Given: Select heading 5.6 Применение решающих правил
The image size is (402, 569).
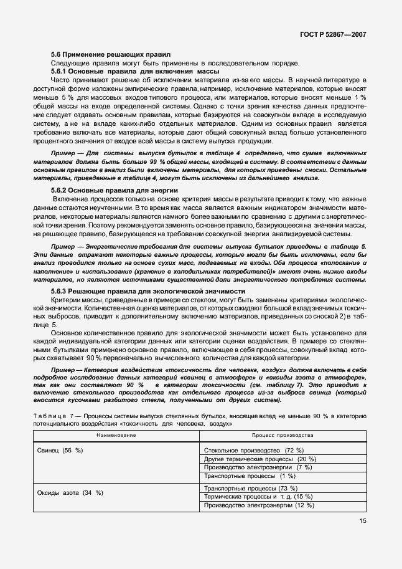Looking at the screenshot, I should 110,55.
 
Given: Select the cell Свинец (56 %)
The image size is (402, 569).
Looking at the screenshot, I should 60,450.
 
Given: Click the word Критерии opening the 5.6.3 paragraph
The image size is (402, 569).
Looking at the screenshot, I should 67,300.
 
